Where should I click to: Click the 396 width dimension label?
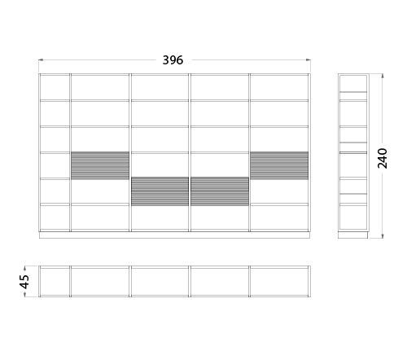click(173, 60)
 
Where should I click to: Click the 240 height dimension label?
click(383, 158)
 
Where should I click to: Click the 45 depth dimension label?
click(24, 282)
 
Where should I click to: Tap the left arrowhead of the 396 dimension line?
click(41, 60)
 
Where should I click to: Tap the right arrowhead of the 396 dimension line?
click(309, 60)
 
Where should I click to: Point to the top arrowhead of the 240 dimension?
click(383, 76)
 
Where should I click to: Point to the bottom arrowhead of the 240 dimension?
click(383, 236)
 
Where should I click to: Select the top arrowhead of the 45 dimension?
click(24, 268)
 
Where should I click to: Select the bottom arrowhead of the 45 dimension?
click(24, 294)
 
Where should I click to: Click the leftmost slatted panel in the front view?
click(100, 165)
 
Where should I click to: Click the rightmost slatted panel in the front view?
click(279, 165)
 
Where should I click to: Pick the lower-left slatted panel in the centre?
click(160, 191)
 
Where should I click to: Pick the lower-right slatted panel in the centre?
click(220, 191)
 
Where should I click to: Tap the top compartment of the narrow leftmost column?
click(55, 87)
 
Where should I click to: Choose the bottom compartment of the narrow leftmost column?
click(55, 217)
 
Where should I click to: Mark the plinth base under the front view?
click(174, 235)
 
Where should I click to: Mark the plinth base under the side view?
click(353, 235)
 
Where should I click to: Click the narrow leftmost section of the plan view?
click(55, 282)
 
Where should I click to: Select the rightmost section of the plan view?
click(279, 282)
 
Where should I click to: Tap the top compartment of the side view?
click(353, 83)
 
